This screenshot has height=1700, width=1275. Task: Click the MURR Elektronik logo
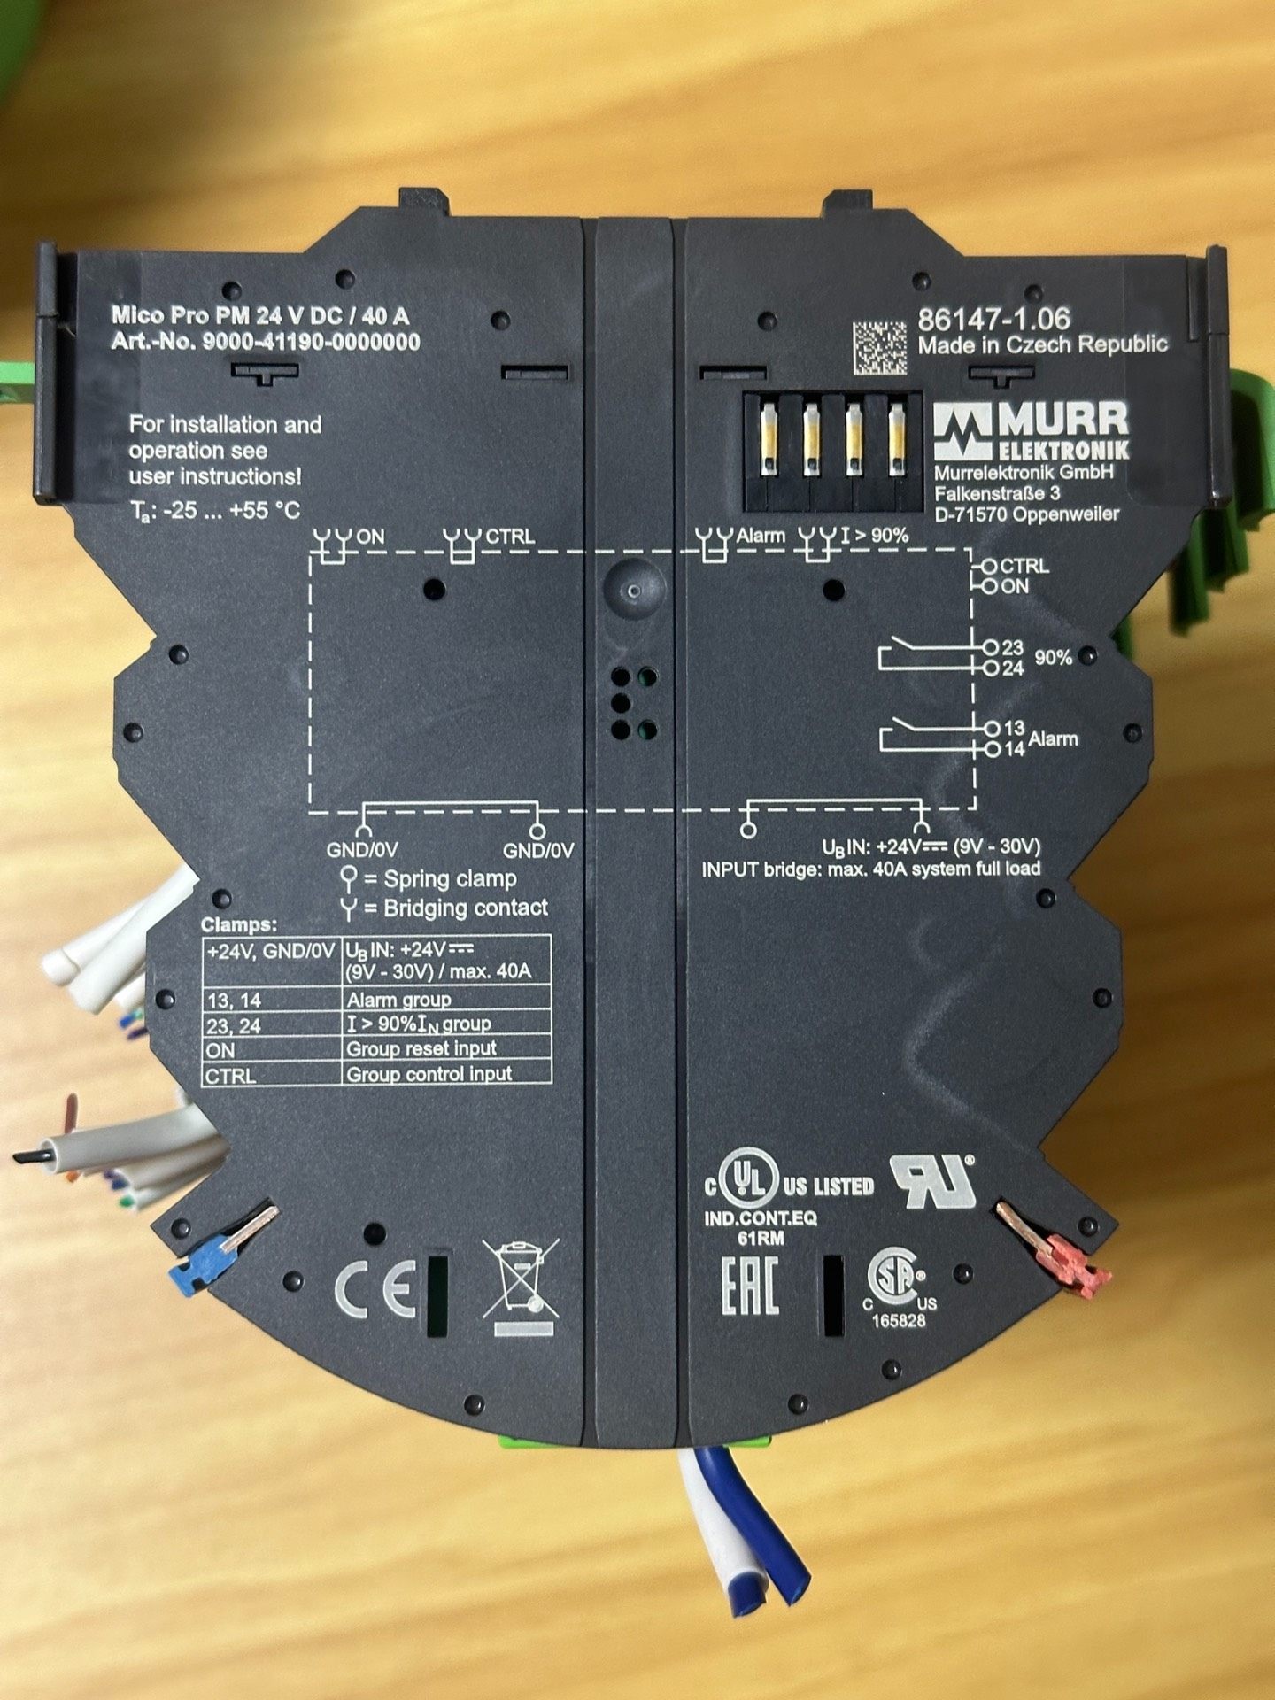coord(1031,431)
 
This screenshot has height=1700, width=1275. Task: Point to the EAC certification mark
coord(749,1285)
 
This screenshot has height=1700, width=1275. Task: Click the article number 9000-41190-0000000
coord(311,343)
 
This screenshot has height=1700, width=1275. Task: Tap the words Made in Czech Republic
coord(1042,345)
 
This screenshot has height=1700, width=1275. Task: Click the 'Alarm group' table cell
coord(398,1000)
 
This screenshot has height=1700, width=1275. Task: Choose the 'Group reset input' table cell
coord(421,1048)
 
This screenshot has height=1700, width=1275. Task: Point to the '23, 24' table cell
coord(234,1025)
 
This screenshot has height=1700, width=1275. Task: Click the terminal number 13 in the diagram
coord(1014,729)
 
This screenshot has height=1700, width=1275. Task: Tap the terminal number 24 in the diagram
coord(1013,668)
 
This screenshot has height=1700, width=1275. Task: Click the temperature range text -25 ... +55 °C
coord(232,511)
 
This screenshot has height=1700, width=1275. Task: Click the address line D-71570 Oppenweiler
coord(1026,514)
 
